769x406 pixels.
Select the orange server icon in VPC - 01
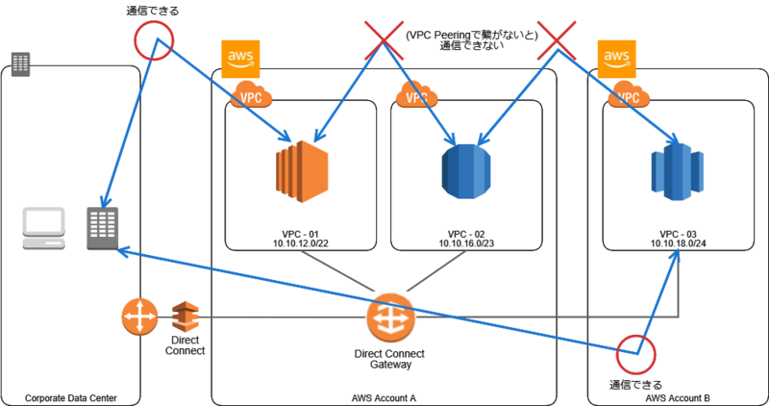click(x=301, y=172)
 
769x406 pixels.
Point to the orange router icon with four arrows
click(x=139, y=317)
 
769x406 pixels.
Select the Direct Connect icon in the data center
click(x=185, y=316)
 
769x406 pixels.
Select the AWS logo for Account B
click(x=616, y=60)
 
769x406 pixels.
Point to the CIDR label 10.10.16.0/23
click(x=466, y=245)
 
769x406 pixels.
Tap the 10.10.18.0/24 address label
click(x=677, y=245)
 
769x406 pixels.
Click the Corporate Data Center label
click(x=71, y=397)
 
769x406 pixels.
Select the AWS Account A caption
click(x=384, y=397)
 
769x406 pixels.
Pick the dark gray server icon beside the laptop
click(x=102, y=229)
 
